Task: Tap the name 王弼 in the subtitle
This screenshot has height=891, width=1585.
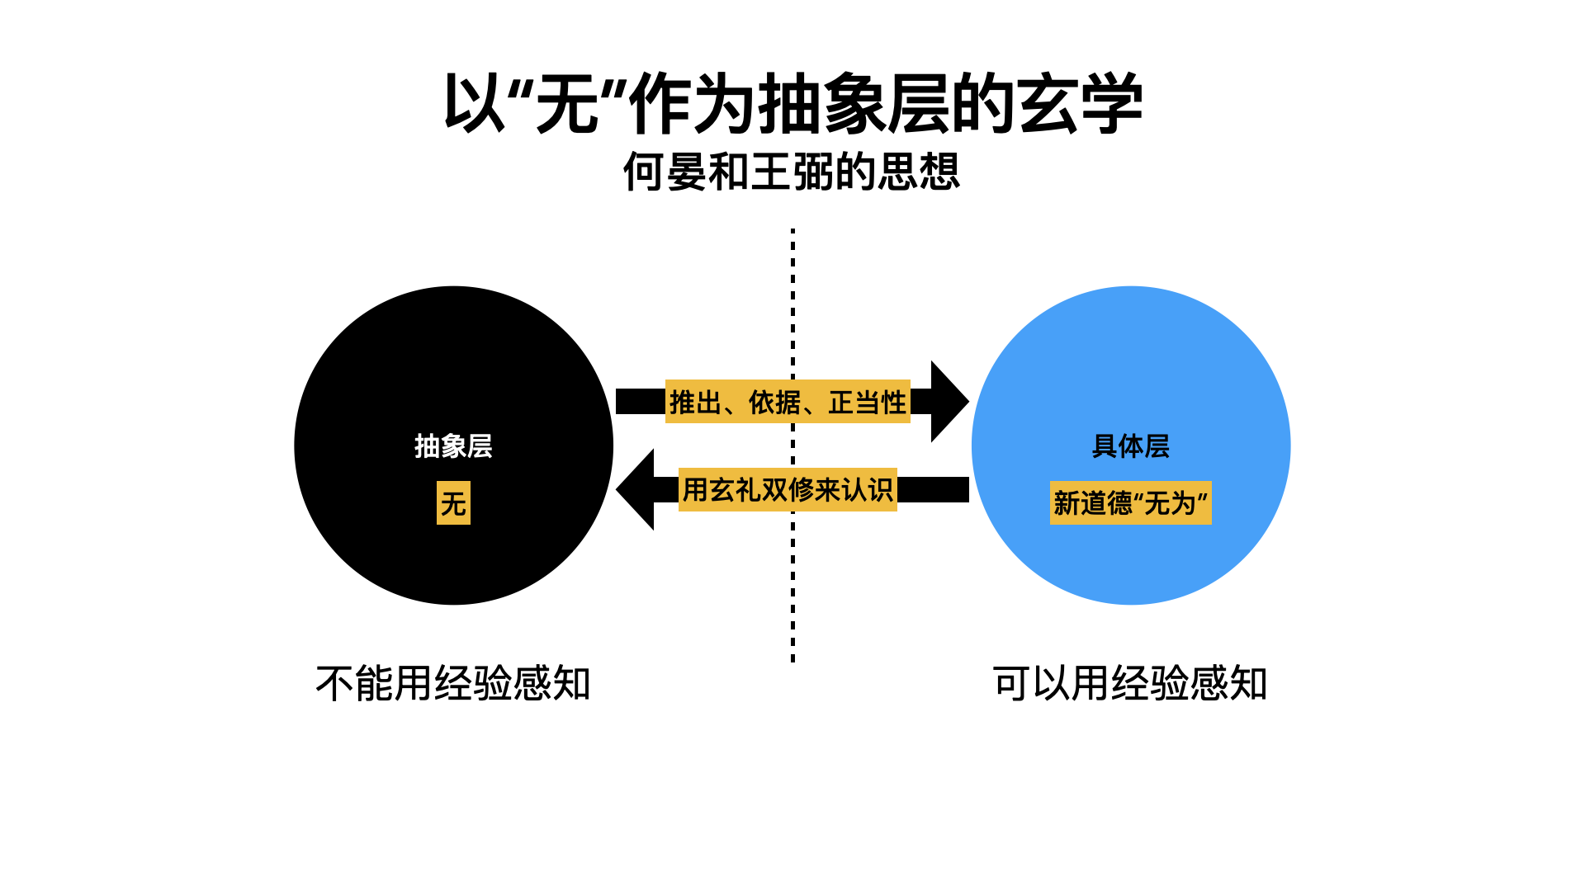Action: tap(792, 172)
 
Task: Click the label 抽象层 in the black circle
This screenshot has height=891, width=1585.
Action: tap(453, 446)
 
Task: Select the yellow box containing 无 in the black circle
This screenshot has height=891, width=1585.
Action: tap(453, 503)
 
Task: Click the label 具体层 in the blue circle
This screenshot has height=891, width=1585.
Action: tap(1130, 446)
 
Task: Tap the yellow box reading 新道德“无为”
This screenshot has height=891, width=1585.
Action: tap(1130, 503)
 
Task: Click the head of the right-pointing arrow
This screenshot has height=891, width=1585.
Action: tap(948, 402)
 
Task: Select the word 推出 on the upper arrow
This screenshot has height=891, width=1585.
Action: tap(695, 403)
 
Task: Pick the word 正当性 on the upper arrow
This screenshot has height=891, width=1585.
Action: tap(867, 403)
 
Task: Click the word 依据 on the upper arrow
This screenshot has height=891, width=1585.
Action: tap(774, 403)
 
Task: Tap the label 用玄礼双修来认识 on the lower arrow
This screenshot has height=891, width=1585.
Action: tap(788, 490)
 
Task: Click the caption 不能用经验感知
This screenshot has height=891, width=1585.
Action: tap(453, 684)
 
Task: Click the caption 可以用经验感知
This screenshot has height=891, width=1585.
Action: tap(1130, 684)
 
